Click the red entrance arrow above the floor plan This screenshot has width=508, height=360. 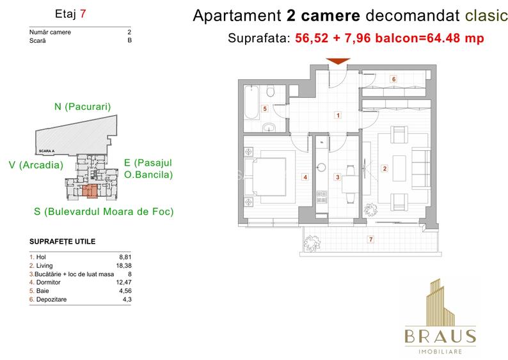pos(338,61)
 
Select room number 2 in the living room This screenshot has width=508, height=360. pos(385,169)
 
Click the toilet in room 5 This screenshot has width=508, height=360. pos(271,94)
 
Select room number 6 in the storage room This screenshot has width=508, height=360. pos(393,79)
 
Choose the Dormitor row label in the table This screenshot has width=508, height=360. pos(44,282)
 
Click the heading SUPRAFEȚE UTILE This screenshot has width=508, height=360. pos(63,242)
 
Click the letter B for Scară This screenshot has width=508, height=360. pos(130,40)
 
